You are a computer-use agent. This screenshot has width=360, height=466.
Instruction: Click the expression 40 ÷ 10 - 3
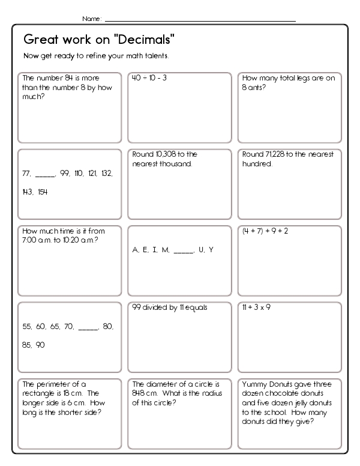(150, 78)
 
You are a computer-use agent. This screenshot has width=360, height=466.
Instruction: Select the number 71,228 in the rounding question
(276, 154)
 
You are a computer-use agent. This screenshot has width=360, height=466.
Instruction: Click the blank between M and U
(184, 250)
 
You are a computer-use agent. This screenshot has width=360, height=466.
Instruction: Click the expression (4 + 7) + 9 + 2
(265, 231)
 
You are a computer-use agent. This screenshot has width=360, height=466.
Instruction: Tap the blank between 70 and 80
(88, 327)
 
